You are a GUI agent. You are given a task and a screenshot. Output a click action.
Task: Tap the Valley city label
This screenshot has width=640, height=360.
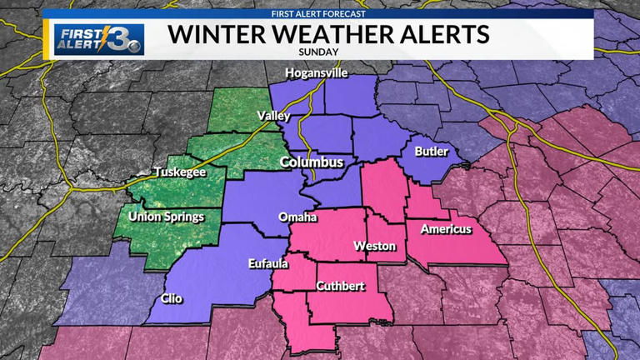274,115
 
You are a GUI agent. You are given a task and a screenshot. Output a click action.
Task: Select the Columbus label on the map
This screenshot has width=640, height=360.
312,162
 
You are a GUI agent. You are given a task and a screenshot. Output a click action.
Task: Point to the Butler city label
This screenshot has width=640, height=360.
431,151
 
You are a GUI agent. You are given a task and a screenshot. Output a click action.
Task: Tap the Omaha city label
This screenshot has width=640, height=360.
297,217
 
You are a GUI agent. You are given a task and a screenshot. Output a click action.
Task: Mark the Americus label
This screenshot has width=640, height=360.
446,228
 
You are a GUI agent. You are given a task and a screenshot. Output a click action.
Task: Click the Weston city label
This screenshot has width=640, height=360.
373,246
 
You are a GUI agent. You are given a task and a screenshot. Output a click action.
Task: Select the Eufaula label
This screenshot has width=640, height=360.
269,264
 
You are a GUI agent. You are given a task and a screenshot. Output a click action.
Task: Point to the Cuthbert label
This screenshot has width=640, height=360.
339,286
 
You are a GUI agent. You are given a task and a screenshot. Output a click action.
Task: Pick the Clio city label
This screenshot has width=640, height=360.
172,298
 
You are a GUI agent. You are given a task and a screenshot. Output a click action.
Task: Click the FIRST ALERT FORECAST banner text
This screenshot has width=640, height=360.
320,14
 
